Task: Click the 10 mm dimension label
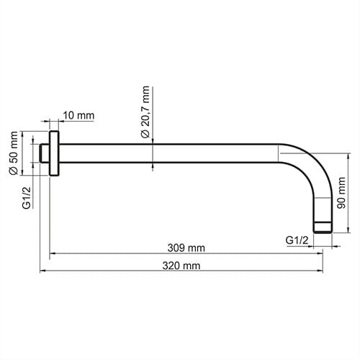[78, 115]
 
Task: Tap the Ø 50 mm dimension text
[14, 153]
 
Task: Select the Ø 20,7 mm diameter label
[145, 112]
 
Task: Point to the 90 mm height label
[341, 193]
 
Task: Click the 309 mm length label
[186, 248]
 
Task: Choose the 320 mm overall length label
[181, 266]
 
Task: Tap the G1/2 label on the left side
[27, 197]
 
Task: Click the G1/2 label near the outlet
[297, 240]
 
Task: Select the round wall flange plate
[54, 153]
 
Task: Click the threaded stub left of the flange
[45, 153]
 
